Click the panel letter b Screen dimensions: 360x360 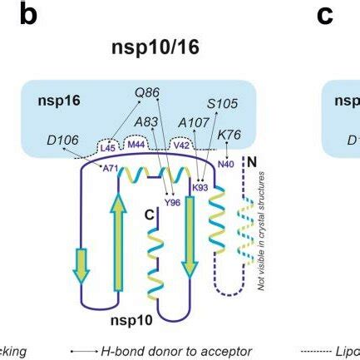coord(29,16)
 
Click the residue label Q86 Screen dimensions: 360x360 coord(145,95)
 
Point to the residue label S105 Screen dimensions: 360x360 coord(222,104)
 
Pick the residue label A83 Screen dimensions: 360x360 coord(145,121)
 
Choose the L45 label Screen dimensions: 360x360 coord(106,148)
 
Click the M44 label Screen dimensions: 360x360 coord(134,146)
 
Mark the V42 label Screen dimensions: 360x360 coord(180,146)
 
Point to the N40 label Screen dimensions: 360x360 coord(225,163)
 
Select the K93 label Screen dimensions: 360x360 coord(200,188)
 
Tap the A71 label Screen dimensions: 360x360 coord(110,169)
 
